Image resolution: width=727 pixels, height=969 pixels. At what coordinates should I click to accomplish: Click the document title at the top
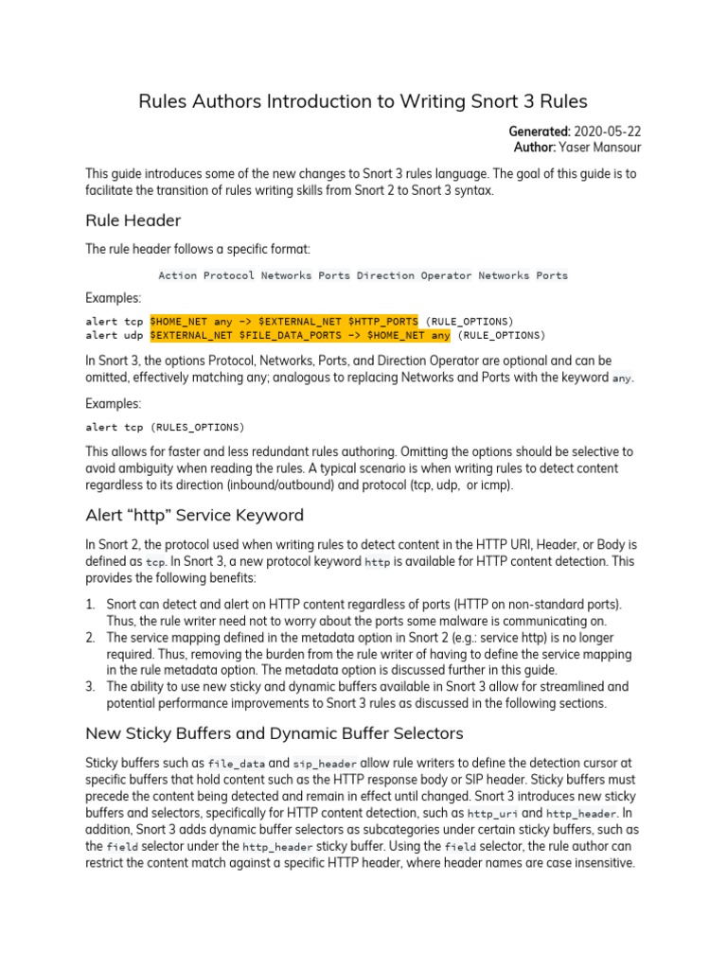click(x=363, y=101)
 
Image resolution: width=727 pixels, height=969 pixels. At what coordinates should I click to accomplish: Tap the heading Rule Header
click(x=133, y=220)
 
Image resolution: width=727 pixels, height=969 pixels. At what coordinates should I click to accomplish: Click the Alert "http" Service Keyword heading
click(x=194, y=515)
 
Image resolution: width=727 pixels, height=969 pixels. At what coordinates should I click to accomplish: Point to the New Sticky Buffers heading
click(x=260, y=732)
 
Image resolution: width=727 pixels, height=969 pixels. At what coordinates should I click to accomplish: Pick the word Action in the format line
click(x=177, y=275)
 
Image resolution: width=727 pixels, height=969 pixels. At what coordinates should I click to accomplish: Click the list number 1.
click(x=91, y=604)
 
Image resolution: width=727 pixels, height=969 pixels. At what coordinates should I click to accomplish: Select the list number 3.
click(x=91, y=686)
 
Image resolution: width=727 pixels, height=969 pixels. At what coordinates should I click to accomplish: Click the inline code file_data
click(x=233, y=763)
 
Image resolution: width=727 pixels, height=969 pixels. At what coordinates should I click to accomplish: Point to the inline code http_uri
click(x=492, y=813)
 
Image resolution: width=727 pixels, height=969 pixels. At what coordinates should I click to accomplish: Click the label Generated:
click(x=543, y=131)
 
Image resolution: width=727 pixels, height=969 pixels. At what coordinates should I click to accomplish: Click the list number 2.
click(x=91, y=637)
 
